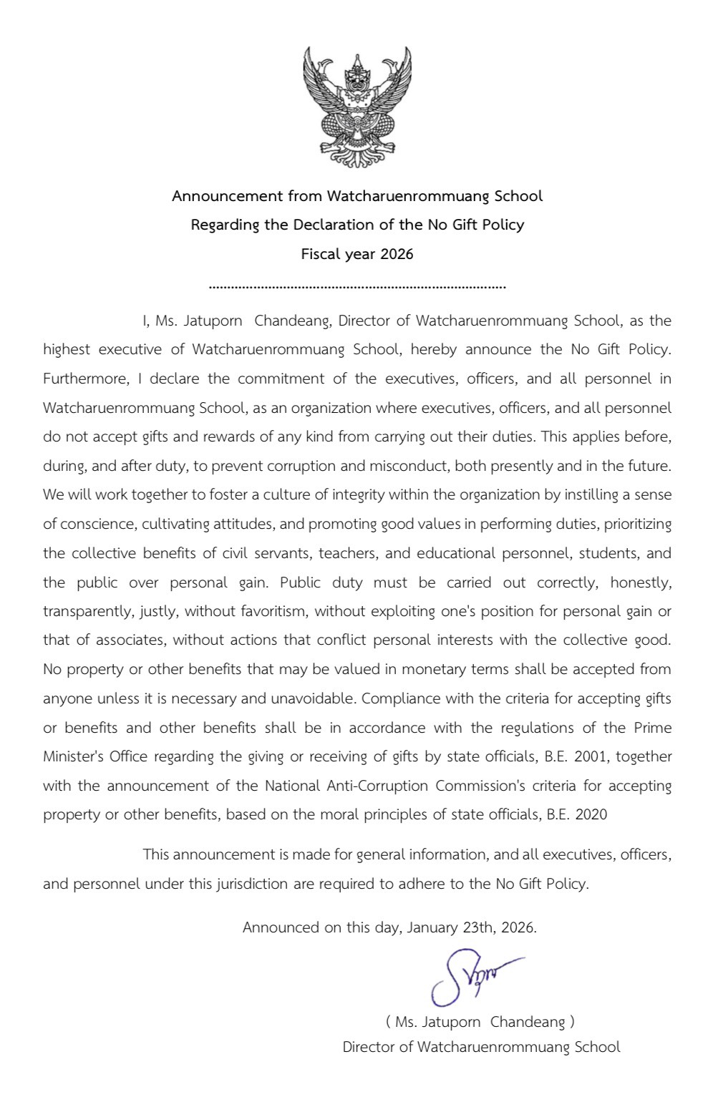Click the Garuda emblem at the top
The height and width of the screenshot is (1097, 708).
point(357,107)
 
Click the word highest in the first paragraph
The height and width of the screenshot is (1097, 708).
point(67,350)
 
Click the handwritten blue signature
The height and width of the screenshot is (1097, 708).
point(469,976)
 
